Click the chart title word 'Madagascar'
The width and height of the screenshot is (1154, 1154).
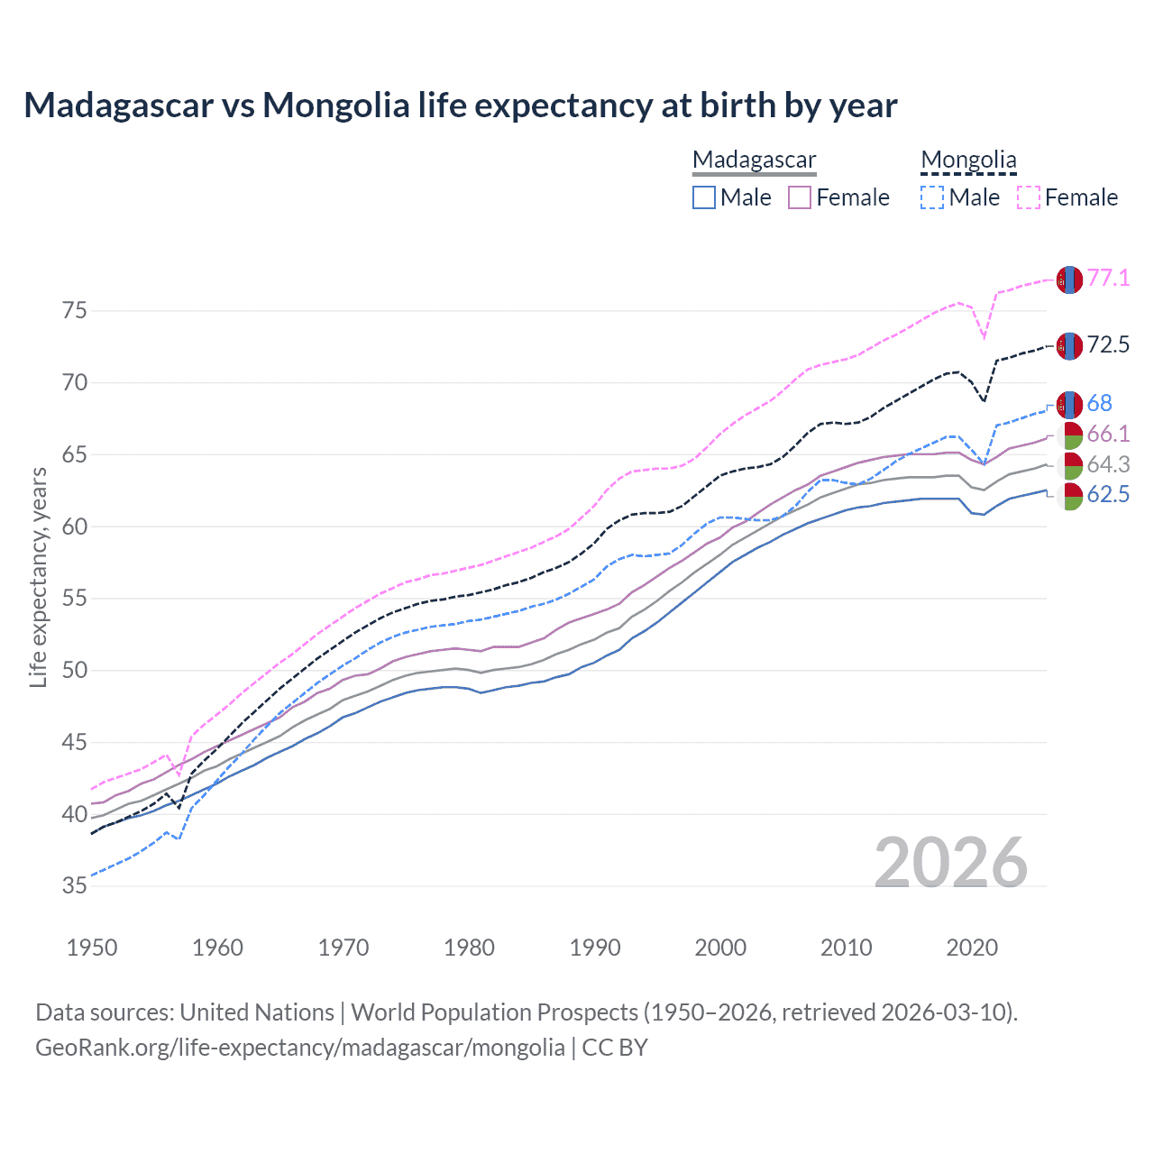118,105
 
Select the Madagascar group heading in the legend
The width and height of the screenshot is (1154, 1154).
754,160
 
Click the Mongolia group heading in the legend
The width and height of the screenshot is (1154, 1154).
968,160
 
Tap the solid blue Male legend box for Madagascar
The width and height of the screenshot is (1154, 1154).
704,197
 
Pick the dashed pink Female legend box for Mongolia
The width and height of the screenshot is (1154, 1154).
1029,197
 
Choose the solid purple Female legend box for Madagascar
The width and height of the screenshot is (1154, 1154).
800,197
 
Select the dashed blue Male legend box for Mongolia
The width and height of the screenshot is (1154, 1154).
933,197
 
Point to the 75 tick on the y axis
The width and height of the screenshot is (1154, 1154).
75,311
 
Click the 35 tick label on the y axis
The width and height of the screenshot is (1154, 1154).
75,886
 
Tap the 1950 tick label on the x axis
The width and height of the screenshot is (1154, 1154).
92,948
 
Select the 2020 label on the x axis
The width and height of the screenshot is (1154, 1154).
972,948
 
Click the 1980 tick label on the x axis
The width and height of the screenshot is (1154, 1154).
469,948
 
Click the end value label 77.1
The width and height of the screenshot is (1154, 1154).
1108,279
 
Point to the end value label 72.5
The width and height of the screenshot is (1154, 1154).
1108,345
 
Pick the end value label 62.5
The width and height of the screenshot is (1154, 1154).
1108,495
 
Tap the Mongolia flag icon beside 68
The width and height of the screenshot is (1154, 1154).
1069,405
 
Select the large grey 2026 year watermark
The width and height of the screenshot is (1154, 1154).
951,863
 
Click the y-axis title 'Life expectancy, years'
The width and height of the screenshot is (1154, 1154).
38,577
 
